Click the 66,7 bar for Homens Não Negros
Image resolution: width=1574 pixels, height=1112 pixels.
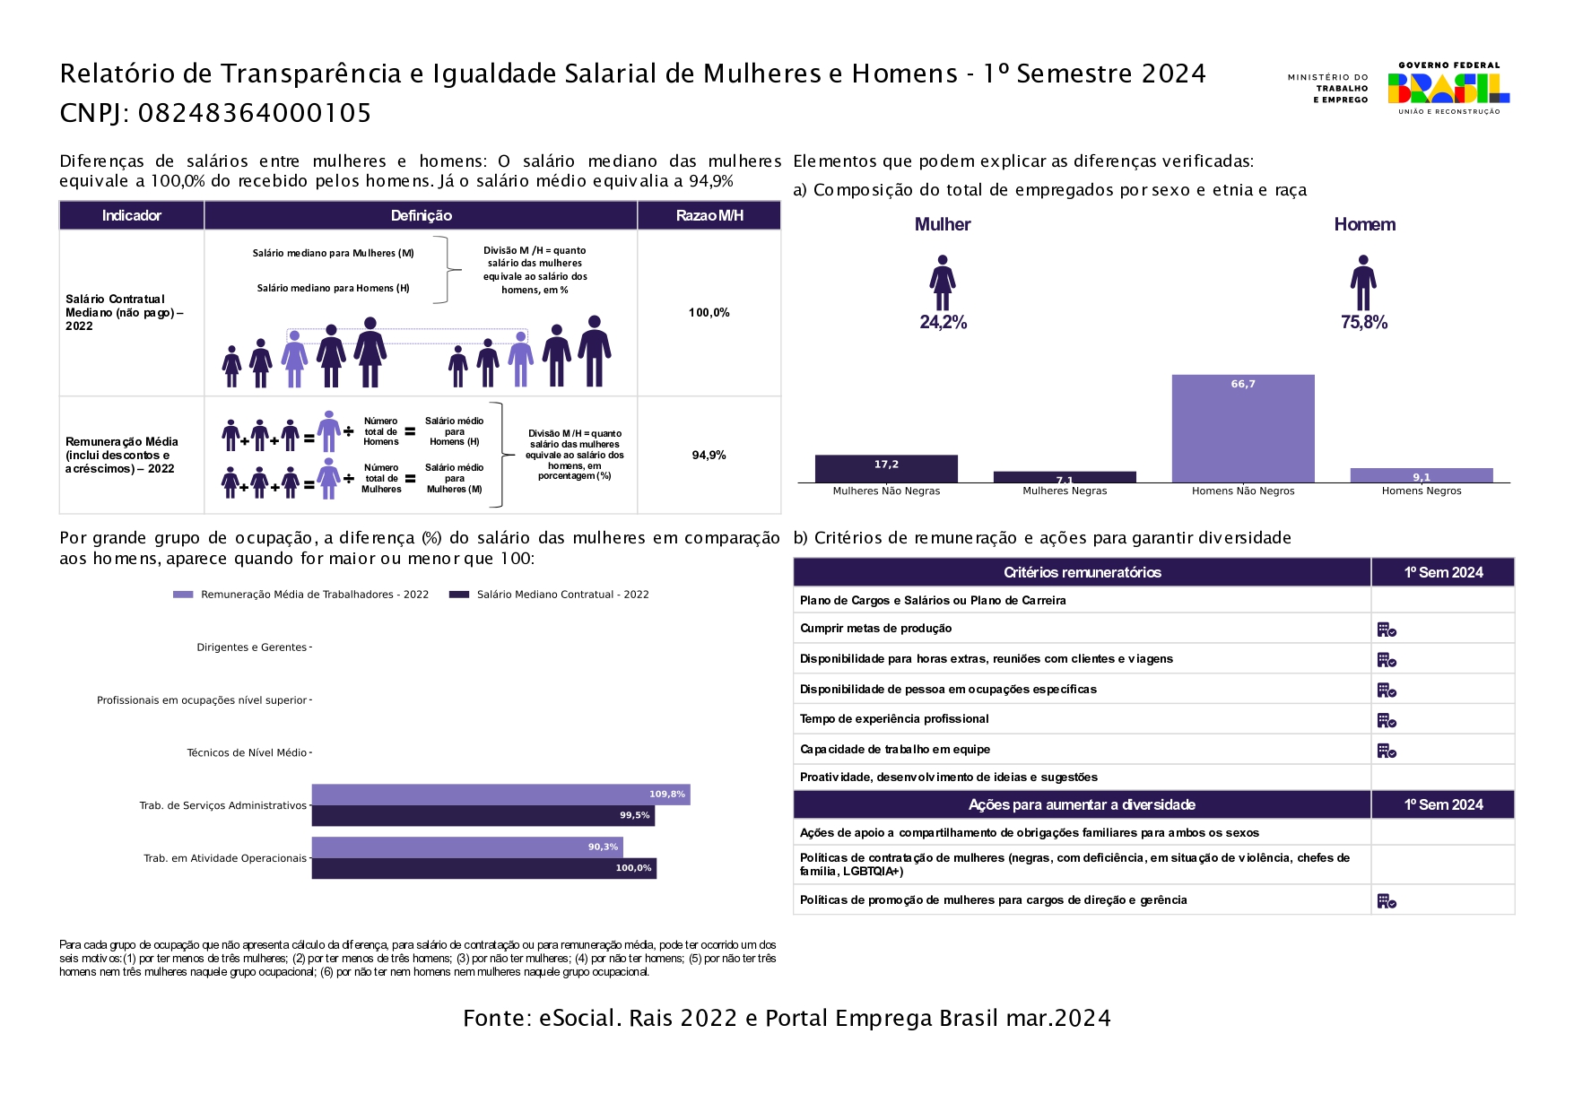pos(1242,429)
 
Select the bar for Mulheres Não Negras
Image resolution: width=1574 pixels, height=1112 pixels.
pos(886,469)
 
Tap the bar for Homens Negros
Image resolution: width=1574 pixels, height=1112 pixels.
pos(1421,475)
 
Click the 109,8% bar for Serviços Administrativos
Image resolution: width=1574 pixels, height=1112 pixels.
pos(500,795)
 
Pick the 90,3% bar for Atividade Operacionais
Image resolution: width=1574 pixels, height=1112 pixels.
pos(466,847)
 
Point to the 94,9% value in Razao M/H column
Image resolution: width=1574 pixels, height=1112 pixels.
pos(709,456)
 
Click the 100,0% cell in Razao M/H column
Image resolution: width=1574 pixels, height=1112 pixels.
pos(709,313)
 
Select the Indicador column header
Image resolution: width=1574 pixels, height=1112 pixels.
pos(131,215)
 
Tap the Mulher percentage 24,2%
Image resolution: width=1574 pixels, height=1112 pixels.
pos(943,323)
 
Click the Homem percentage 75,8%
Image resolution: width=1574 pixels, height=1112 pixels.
pos(1363,323)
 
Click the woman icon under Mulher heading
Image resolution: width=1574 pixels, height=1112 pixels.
pos(942,282)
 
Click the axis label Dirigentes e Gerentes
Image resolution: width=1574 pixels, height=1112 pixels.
pos(251,647)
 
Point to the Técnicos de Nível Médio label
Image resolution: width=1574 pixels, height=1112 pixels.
pos(247,753)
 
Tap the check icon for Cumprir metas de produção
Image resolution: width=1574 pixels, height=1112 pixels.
pos(1387,630)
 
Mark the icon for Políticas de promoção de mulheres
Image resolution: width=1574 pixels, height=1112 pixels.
pos(1387,900)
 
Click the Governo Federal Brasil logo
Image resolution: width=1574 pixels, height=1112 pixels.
pos(1448,88)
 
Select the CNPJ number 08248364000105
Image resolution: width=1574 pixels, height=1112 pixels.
pos(255,113)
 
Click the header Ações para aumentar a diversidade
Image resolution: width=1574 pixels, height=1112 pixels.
pos(1082,805)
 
